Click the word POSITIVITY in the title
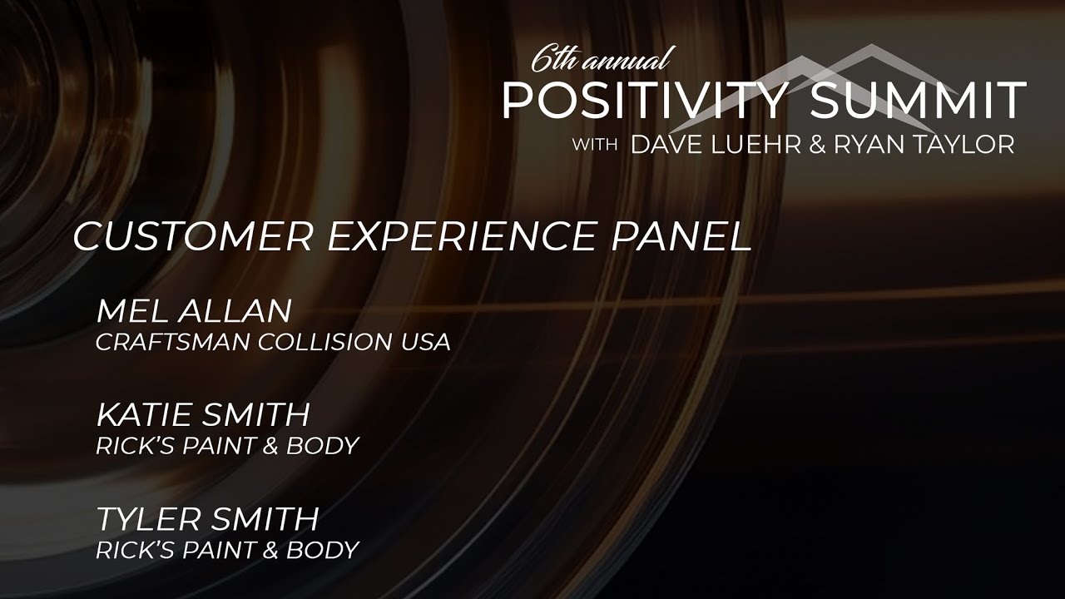(643, 101)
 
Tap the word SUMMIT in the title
(918, 101)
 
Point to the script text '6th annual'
(601, 59)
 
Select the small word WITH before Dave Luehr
(594, 145)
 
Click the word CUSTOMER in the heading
(192, 237)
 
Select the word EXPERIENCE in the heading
(461, 237)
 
